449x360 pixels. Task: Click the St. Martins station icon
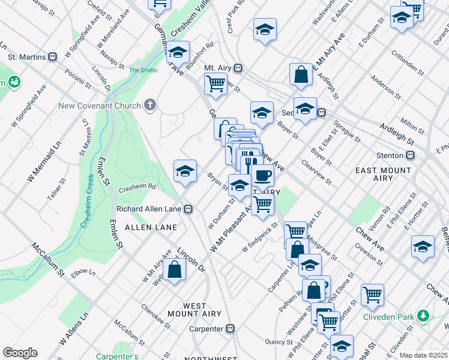pos(52,58)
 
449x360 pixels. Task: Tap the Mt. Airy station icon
pos(238,68)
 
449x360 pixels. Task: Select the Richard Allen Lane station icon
pos(188,209)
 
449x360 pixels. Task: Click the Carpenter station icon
pos(229,328)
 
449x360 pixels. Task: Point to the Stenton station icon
pos(411,155)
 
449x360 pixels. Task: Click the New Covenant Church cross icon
pos(150,106)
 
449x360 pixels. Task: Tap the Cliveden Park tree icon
pos(424,316)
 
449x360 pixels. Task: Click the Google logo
pos(20,352)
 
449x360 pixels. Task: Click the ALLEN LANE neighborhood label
pos(151,227)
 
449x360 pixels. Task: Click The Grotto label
pos(143,70)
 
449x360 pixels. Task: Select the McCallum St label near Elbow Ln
pos(49,260)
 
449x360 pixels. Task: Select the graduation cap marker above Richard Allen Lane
pos(185,170)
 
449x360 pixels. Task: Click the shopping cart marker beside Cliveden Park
pos(373,295)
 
